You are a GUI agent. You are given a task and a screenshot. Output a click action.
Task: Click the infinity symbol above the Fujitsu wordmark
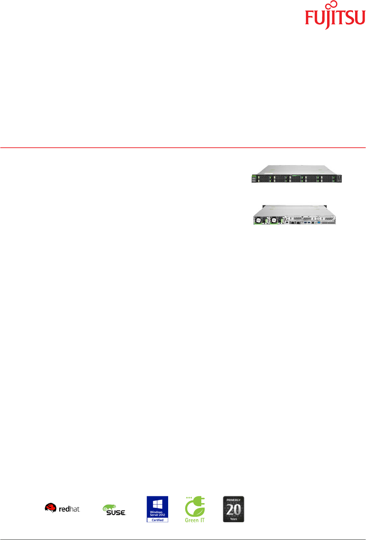331,6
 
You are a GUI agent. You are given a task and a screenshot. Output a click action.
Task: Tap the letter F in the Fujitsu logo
309,18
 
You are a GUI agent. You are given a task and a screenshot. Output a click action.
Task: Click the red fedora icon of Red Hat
50,508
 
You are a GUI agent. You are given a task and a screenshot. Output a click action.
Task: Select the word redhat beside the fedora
69,509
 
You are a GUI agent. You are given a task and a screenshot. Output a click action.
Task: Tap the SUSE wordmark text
116,513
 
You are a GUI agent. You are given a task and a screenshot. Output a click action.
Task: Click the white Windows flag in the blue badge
157,504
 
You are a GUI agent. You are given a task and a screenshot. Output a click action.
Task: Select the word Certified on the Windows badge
157,520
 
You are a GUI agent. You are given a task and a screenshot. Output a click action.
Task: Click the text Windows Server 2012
157,513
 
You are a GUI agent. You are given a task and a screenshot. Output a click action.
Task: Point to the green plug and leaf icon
195,507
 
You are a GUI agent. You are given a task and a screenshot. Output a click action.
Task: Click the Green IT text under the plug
195,520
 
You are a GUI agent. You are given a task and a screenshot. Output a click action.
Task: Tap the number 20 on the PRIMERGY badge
234,510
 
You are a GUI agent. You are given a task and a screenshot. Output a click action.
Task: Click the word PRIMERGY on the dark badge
234,500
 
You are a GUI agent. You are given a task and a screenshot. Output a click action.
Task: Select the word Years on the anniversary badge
234,519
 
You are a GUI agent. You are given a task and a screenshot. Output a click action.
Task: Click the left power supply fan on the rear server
259,220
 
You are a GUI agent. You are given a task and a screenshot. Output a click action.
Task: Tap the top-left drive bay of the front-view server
264,177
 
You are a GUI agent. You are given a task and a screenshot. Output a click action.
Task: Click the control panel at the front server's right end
339,178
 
